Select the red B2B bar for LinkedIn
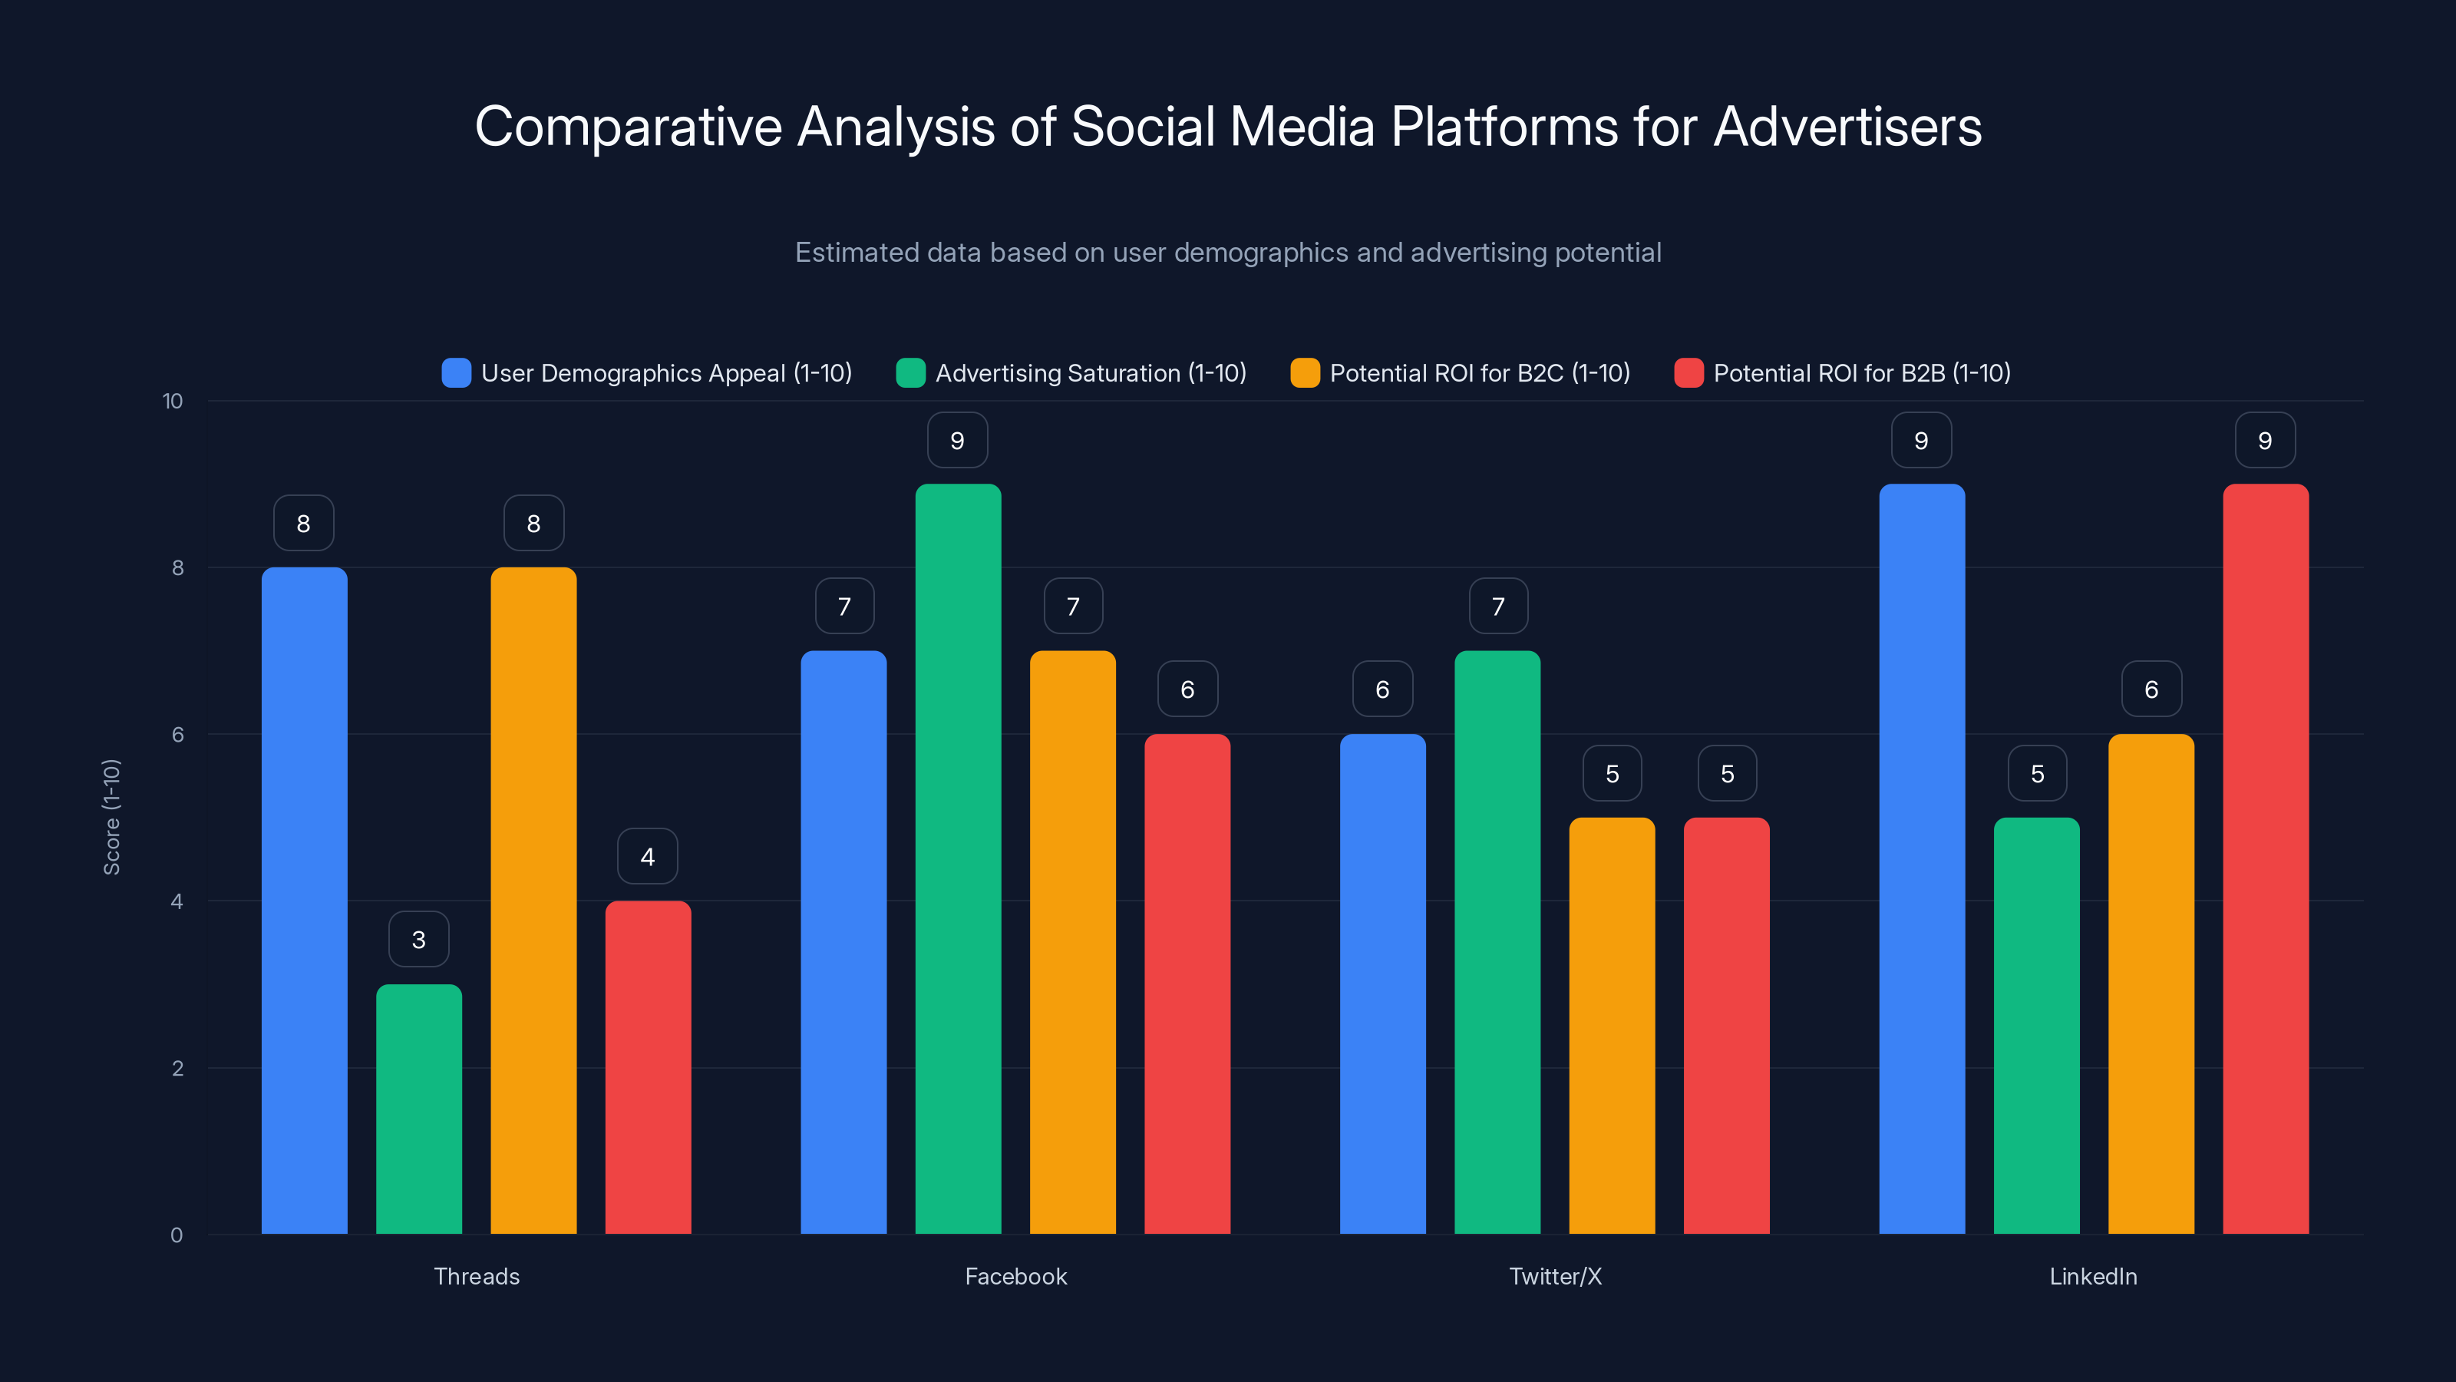[x=2266, y=858]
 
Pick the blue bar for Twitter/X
[x=1382, y=984]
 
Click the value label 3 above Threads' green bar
[x=418, y=940]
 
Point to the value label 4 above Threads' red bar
[x=647, y=857]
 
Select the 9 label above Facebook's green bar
[x=957, y=441]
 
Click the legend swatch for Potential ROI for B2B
[x=1688, y=373]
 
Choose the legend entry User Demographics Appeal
[x=665, y=373]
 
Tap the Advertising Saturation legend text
[x=1091, y=373]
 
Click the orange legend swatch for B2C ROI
[x=1304, y=373]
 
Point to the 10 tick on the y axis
[x=173, y=401]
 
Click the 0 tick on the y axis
[x=177, y=1235]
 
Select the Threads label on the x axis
[x=477, y=1276]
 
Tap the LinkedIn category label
[x=2093, y=1276]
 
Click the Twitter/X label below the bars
[x=1555, y=1276]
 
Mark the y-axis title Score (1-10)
[x=111, y=816]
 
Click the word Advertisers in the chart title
[x=1847, y=127]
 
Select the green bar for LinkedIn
[x=2036, y=1025]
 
